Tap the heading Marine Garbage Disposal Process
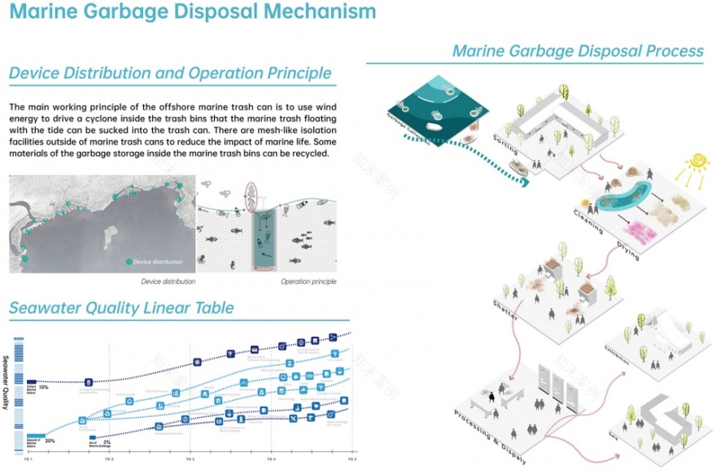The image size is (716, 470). pyautogui.click(x=578, y=51)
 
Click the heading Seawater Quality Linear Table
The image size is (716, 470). pyautogui.click(x=121, y=307)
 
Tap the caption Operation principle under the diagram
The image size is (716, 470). pyautogui.click(x=308, y=281)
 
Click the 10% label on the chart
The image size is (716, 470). pyautogui.click(x=44, y=388)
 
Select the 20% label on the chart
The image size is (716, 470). pyautogui.click(x=50, y=440)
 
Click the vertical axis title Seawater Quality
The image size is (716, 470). pyautogui.click(x=7, y=382)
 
